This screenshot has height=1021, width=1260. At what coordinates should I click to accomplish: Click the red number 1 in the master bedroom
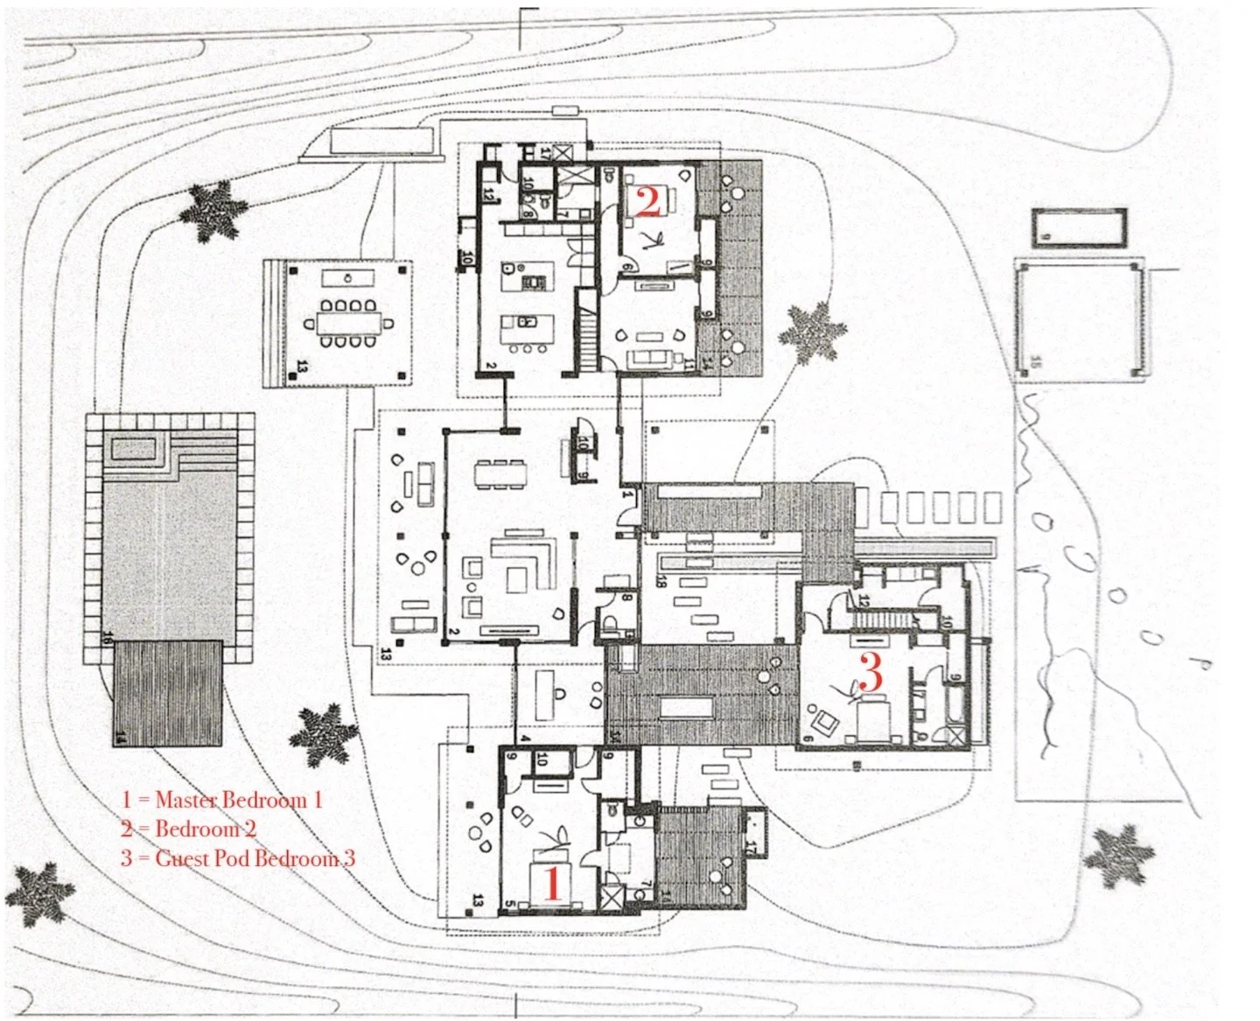tap(552, 883)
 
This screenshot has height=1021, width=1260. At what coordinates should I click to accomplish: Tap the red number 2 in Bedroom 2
tap(647, 201)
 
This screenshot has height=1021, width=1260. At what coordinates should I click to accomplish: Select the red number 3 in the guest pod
tap(870, 672)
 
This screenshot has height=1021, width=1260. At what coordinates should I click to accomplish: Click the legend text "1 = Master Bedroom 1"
tap(222, 800)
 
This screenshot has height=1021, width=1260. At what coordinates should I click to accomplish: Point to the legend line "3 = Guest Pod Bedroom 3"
tap(238, 858)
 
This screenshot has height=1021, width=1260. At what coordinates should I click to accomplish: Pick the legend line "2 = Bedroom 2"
tap(189, 829)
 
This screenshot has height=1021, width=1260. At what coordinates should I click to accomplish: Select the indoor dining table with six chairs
tap(501, 472)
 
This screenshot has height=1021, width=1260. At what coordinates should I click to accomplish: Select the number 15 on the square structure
tap(1036, 360)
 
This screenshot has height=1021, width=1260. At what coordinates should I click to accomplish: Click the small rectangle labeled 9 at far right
tap(1079, 228)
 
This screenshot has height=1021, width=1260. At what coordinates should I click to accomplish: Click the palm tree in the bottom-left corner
tap(40, 893)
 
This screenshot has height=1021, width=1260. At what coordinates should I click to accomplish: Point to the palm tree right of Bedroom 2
tap(813, 332)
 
